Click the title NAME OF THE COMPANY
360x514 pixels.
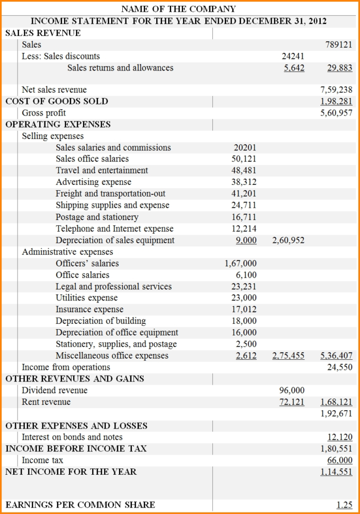[178, 9]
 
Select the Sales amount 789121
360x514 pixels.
[339, 45]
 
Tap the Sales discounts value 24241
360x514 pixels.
[293, 56]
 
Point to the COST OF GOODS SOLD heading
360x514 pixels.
[57, 101]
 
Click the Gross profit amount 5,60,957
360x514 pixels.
[336, 113]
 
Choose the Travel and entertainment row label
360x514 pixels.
[102, 171]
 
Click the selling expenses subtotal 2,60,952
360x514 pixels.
[288, 241]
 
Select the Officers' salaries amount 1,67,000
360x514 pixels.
[240, 263]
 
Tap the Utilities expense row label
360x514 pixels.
[87, 298]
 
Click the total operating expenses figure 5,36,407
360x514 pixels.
[336, 356]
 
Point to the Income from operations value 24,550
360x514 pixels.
[339, 367]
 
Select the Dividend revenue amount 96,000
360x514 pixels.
[292, 391]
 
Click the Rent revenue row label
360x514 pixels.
[46, 402]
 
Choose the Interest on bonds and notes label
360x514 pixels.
[72, 437]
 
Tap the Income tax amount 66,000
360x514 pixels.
[339, 460]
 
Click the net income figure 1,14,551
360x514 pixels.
[336, 472]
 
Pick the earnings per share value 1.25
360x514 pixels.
[344, 505]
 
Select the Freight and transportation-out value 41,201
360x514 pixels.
[244, 194]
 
